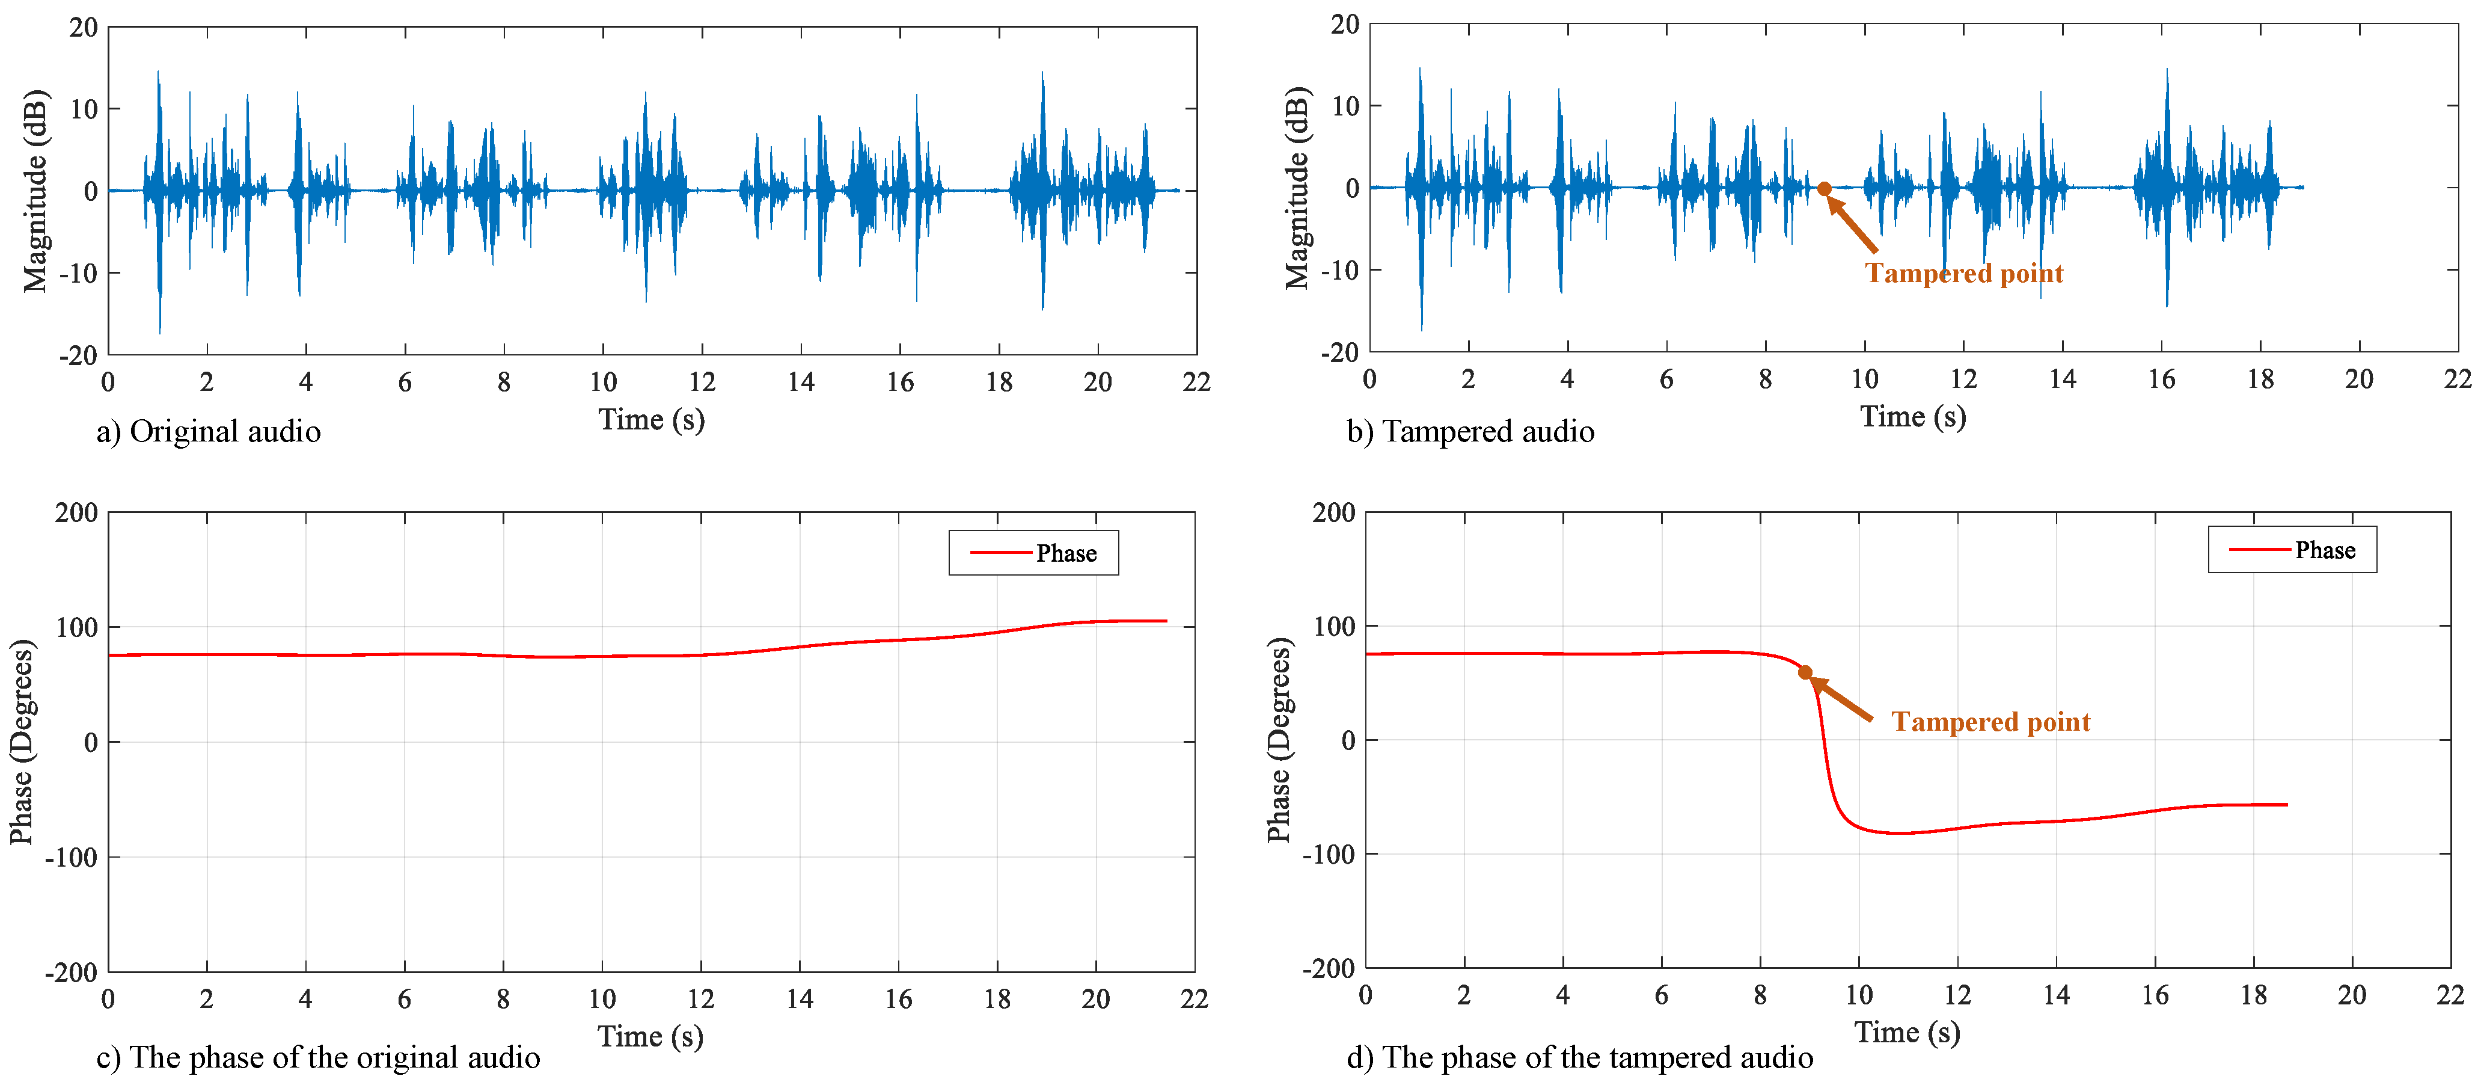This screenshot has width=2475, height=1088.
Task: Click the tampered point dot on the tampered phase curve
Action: tap(1804, 673)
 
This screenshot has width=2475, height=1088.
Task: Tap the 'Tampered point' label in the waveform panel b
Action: tap(1964, 274)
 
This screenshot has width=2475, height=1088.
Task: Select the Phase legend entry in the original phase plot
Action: tap(1034, 553)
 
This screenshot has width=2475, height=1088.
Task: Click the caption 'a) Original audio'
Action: tap(209, 432)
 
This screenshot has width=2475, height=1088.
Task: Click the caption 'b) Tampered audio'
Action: tap(1470, 432)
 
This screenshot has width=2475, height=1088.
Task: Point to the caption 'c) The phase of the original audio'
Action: tap(318, 1057)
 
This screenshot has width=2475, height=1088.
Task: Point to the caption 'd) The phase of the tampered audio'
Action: tap(1579, 1057)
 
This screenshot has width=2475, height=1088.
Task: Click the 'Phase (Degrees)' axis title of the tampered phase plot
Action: tap(1278, 740)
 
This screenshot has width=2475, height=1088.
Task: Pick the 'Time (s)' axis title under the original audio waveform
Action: tap(652, 420)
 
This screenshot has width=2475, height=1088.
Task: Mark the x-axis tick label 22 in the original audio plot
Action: tap(1196, 383)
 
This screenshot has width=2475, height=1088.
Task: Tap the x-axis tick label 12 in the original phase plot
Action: tap(700, 1000)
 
